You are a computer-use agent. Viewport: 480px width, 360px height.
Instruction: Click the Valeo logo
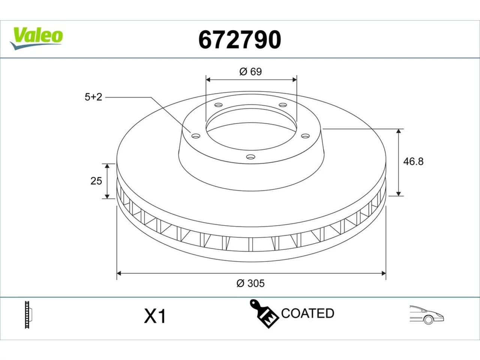36,39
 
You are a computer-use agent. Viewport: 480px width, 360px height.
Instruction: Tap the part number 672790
240,40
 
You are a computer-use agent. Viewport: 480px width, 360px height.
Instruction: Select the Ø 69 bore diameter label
250,72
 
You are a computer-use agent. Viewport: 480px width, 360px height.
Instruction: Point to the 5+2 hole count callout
93,97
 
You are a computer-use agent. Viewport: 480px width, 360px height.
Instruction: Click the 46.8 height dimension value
413,162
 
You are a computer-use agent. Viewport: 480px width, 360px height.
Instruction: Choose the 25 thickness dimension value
96,181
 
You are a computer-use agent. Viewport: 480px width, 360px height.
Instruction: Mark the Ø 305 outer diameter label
250,283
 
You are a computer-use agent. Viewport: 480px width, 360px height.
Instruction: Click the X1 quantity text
155,316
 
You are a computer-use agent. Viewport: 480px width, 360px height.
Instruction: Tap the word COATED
307,313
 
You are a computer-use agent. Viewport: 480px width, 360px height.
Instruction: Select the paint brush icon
264,314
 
